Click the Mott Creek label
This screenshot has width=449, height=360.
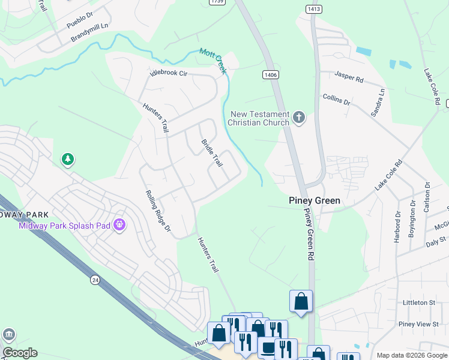[x=213, y=61]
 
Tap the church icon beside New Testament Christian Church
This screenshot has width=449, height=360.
[x=299, y=118]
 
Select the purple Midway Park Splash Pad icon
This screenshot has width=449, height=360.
[x=120, y=225]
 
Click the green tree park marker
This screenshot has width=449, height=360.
[x=68, y=160]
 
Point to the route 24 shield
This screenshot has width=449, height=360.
[x=95, y=280]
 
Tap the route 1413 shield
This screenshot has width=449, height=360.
[x=313, y=9]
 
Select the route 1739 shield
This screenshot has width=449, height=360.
[x=217, y=2]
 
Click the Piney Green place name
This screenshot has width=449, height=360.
[x=315, y=200]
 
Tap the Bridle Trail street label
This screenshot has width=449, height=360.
[x=212, y=154]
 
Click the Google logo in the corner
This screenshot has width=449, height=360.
[x=19, y=353]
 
